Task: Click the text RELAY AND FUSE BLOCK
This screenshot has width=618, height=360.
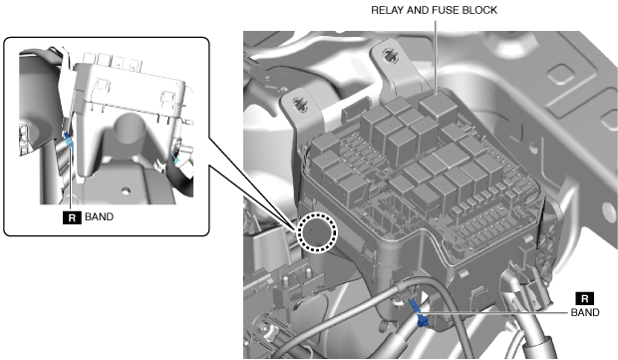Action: coord(434,10)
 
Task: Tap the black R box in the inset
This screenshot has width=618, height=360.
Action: coord(72,217)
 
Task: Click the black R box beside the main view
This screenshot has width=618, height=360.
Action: coord(585,298)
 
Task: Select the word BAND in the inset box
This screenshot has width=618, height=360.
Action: coord(100,216)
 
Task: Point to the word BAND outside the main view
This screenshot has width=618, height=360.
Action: coord(585,312)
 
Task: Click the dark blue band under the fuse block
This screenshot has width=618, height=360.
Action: coord(419,313)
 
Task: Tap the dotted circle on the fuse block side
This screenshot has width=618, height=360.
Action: coord(317,232)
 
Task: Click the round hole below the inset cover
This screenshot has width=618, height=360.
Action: coord(126,190)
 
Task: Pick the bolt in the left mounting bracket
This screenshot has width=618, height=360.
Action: coord(300,105)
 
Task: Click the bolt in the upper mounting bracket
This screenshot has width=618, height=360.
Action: coord(390,56)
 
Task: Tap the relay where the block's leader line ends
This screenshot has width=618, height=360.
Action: coord(439,105)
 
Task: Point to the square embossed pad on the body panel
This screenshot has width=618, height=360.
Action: coord(561,74)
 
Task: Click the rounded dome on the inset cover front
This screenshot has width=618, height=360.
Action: coord(130,127)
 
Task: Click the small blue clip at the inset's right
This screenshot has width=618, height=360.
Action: coord(175,160)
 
